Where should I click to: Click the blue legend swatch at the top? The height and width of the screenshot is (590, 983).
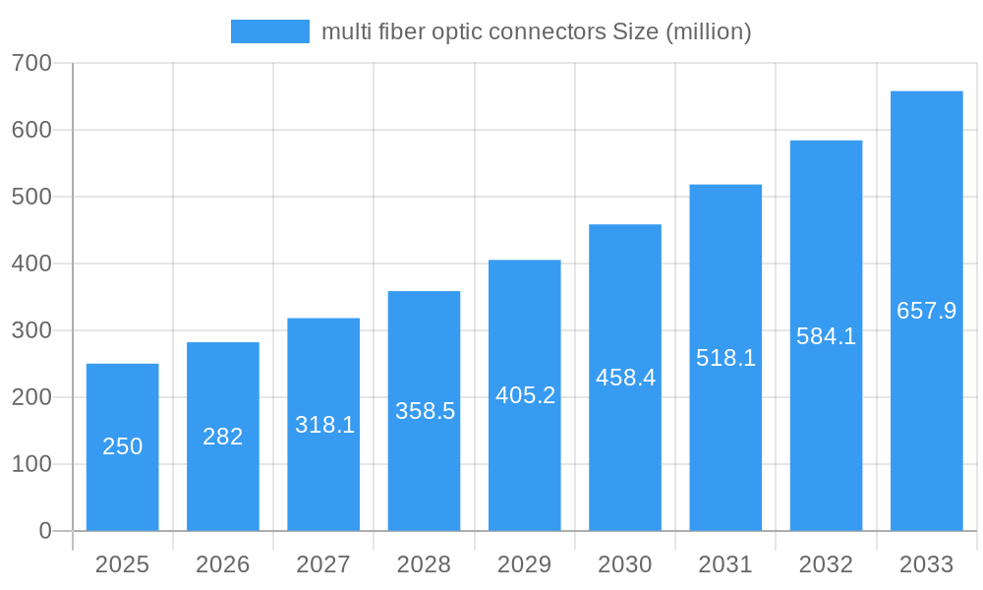click(x=269, y=31)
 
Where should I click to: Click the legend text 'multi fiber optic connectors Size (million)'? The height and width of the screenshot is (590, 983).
click(x=536, y=31)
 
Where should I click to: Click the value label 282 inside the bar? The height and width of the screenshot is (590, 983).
click(x=223, y=437)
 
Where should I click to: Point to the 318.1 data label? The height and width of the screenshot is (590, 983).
click(x=324, y=425)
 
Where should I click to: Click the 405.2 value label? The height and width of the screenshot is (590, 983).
click(x=525, y=395)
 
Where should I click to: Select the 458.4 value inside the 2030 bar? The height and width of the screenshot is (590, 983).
click(x=625, y=378)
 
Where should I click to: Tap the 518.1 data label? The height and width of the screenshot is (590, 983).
click(x=725, y=358)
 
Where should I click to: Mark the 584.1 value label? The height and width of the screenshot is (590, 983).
click(x=826, y=336)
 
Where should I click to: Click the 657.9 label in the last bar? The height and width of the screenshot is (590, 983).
click(x=926, y=311)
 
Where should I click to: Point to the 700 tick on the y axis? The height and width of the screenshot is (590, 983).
click(x=31, y=63)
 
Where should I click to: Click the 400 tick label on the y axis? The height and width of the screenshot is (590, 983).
click(x=31, y=264)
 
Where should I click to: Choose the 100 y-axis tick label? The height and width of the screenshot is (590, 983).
click(x=31, y=464)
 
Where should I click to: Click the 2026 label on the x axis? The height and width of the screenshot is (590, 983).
click(x=223, y=564)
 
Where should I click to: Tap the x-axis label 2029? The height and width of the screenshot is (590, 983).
click(x=525, y=564)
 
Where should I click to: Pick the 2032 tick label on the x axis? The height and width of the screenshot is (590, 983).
click(x=826, y=564)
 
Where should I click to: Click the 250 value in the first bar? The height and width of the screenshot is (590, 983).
click(x=123, y=446)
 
